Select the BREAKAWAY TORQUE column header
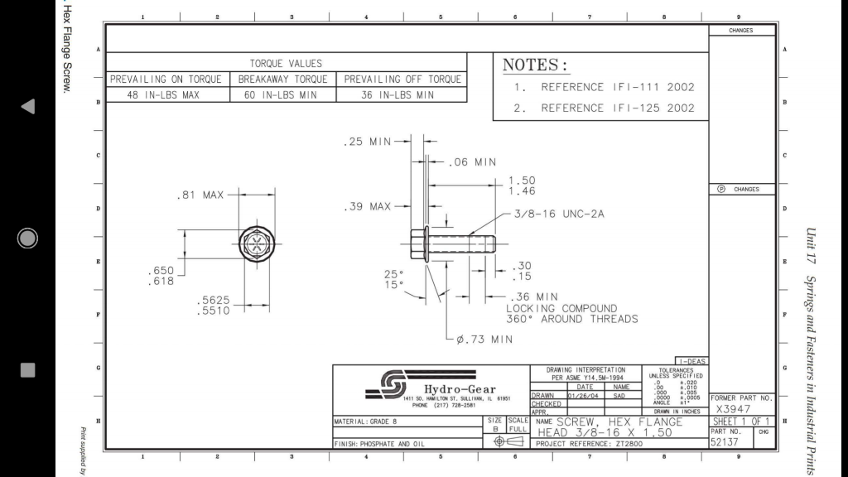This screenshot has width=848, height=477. [282, 79]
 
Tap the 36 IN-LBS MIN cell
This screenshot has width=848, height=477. [401, 95]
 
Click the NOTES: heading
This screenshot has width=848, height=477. [536, 65]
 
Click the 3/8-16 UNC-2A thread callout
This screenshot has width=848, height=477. [559, 214]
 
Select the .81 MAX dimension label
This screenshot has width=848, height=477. [200, 195]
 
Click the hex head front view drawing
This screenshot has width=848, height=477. [256, 245]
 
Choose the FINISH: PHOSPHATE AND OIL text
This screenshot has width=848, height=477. [379, 443]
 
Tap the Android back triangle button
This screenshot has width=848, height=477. [27, 106]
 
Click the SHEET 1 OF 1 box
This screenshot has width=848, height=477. [742, 422]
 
